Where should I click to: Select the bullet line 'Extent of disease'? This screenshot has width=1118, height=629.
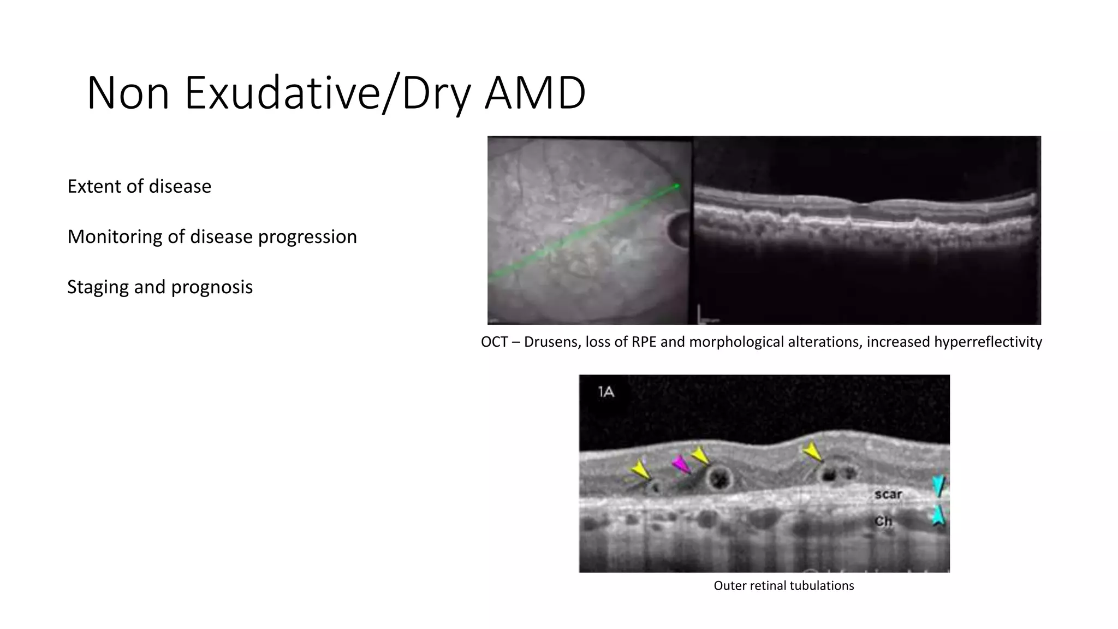[139, 186]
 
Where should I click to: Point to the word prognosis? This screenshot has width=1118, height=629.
[212, 287]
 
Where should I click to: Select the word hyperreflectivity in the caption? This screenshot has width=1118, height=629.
[988, 342]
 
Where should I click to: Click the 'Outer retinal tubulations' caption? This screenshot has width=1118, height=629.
[783, 586]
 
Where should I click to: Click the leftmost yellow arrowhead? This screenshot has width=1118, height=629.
[640, 470]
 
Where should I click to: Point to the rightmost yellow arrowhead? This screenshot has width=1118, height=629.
[812, 452]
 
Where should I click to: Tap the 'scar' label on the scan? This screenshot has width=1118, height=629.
[888, 494]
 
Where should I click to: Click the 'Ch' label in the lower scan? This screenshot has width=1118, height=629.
[883, 521]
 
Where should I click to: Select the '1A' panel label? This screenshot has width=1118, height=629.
[606, 391]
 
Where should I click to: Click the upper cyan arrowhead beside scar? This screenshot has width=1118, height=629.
[938, 485]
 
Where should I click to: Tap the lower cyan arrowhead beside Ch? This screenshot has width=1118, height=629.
[938, 515]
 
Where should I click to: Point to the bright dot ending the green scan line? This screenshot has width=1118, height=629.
[677, 186]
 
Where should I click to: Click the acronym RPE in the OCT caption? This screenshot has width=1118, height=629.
[644, 342]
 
